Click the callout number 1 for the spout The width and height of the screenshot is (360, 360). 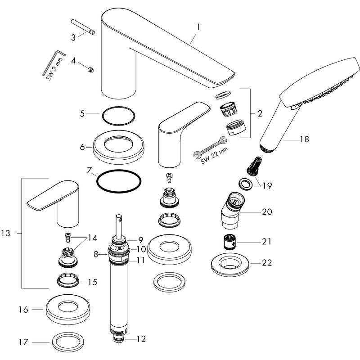[198, 27]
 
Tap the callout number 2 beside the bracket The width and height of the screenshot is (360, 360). [260, 114]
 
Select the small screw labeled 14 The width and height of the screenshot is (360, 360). [68, 236]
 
